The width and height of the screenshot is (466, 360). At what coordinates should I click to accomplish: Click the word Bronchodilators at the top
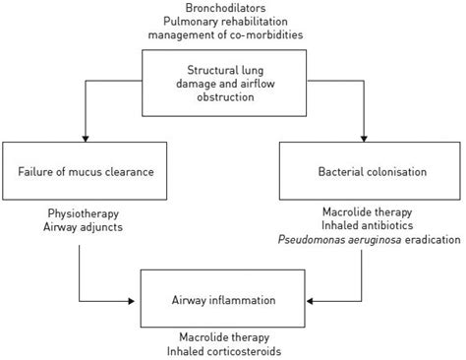226,9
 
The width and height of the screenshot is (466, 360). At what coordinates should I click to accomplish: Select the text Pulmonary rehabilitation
226,23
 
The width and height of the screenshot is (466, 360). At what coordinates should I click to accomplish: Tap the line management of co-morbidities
226,36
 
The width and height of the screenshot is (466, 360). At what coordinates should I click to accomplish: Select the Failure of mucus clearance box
80,171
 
